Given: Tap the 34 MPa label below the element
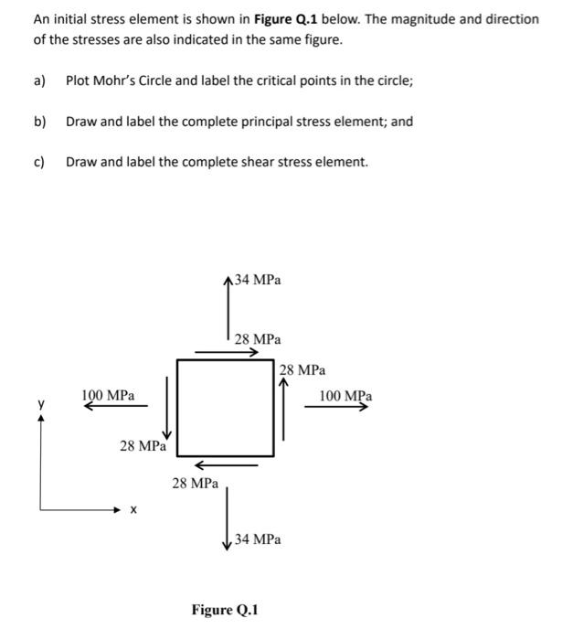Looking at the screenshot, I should [x=258, y=539].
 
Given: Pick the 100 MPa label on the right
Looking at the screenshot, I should [x=345, y=396].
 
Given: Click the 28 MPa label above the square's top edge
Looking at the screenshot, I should [x=258, y=339].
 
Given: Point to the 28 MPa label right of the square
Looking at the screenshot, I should [x=302, y=370].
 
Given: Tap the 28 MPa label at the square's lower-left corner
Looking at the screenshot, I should [x=143, y=446].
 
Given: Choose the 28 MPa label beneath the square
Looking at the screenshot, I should [x=195, y=482].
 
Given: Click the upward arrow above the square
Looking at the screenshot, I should [x=228, y=310].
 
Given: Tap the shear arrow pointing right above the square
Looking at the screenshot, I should [x=227, y=350].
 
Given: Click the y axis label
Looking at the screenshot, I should [x=40, y=402].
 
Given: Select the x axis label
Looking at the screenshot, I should [x=133, y=511].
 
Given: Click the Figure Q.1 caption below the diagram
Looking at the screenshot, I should [x=225, y=609].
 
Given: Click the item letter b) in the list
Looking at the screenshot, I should [x=39, y=121].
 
